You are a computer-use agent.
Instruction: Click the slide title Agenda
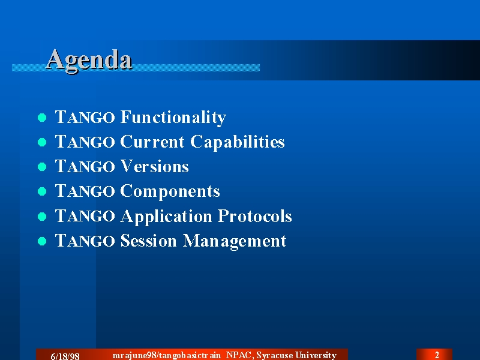pos(89,61)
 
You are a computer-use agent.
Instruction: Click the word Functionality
pos(173,117)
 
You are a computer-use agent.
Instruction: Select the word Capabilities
pos(238,142)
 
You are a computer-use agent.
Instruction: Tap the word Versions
pos(154,166)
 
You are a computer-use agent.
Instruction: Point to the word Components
pos(170,191)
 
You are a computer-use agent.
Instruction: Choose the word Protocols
pos(254,216)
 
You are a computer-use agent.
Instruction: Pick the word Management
pos(235,241)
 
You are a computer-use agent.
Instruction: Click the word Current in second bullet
pos(152,142)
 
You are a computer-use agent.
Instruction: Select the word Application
pos(166,217)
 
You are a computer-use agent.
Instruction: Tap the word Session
pos(148,241)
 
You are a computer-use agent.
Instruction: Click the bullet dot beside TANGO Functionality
pos(42,118)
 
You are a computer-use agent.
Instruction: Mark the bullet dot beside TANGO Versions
pos(42,167)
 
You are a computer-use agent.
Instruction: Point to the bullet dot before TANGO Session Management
pos(42,241)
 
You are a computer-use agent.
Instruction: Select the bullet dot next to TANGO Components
pos(42,191)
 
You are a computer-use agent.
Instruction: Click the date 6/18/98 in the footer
pos(65,356)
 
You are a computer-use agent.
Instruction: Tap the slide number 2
pos(437,355)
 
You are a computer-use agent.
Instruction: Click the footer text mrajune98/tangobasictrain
pos(167,355)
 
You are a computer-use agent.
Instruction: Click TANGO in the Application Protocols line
pos(85,216)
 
